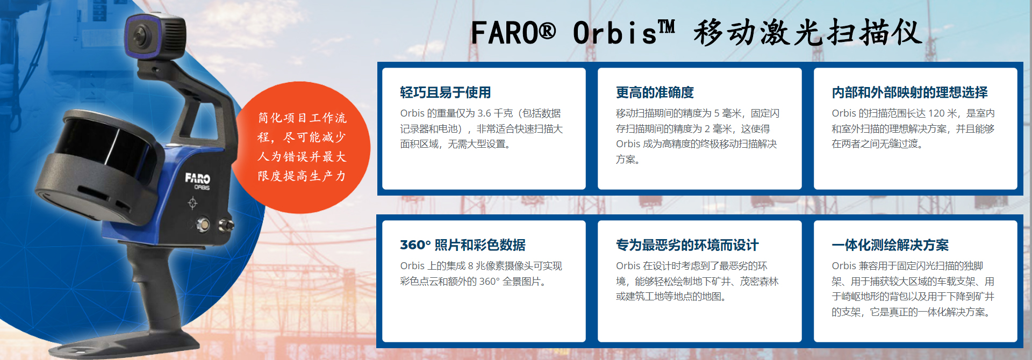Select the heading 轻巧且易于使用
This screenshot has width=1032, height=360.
(445, 92)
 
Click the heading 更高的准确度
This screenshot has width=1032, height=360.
(655, 92)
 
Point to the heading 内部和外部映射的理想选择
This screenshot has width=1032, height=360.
(909, 92)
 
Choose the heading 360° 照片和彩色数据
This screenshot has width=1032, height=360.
(463, 245)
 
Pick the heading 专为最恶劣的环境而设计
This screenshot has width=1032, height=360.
(687, 245)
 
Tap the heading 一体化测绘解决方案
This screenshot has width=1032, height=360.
(890, 245)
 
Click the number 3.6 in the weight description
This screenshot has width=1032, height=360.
(484, 113)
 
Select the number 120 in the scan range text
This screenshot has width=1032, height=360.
(936, 113)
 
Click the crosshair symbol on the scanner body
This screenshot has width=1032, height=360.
(192, 203)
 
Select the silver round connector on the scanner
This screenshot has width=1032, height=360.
(204, 224)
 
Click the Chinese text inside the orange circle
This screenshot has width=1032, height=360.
(302, 147)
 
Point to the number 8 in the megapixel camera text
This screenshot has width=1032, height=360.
(470, 266)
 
